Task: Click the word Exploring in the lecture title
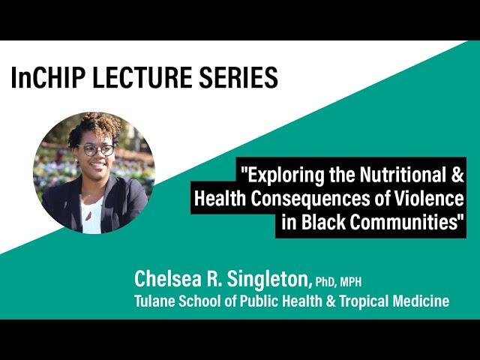[x=280, y=177]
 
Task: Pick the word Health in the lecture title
[x=218, y=199]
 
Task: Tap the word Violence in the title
[x=430, y=199]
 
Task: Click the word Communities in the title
[x=406, y=223]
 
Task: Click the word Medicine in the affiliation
[x=422, y=301]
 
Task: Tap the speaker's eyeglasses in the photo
[x=97, y=150]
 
